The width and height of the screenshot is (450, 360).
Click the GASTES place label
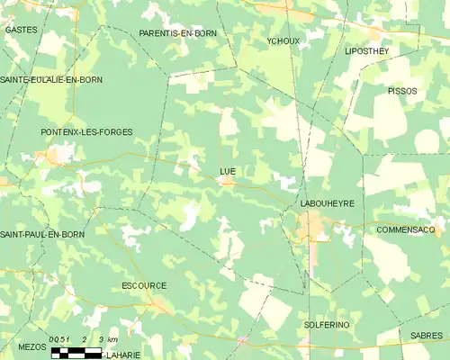pyautogui.click(x=20, y=30)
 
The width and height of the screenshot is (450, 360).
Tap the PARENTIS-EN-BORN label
pyautogui.click(x=178, y=33)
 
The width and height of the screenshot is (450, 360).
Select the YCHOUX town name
pyautogui.click(x=283, y=41)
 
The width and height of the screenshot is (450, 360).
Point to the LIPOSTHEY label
pyautogui.click(x=367, y=51)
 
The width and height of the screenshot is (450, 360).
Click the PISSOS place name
pyautogui.click(x=402, y=91)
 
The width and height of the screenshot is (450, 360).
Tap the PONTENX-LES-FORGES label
pyautogui.click(x=86, y=132)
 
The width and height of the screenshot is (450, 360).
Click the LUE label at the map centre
pyautogui.click(x=227, y=169)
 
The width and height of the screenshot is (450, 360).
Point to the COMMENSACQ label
pyautogui.click(x=406, y=229)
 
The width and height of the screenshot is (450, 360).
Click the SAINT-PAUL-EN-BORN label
pyautogui.click(x=42, y=235)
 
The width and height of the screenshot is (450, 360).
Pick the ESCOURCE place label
pyautogui.click(x=144, y=286)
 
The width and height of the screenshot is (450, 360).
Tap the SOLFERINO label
pyautogui.click(x=327, y=324)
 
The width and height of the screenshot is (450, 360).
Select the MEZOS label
pyautogui.click(x=31, y=346)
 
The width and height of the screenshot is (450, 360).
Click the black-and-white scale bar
pyautogui.click(x=76, y=352)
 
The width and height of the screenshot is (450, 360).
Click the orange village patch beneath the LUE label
pyautogui.click(x=229, y=182)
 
